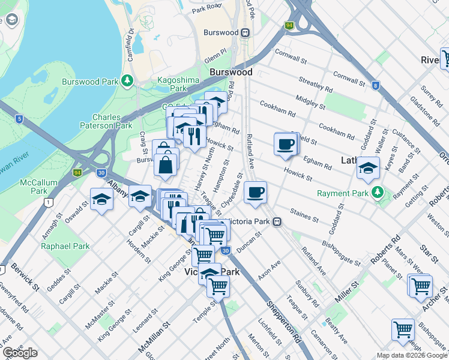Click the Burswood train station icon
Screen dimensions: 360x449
[245, 32]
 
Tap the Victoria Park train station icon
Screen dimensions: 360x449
[277, 221]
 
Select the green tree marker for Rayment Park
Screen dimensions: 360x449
[377, 192]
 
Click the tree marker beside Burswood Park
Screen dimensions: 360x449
[127, 80]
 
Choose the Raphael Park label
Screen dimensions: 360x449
[65, 246]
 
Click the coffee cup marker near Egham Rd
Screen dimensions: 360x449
[286, 145]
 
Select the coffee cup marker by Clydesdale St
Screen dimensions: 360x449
[256, 193]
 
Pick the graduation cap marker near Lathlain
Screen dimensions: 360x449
[368, 169]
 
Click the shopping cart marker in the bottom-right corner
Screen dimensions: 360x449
[403, 329]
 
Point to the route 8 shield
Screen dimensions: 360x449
[376, 85]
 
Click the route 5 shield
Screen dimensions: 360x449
[19, 119]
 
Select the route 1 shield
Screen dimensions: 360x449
[46, 203]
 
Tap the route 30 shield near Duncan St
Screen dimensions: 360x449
[224, 250]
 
